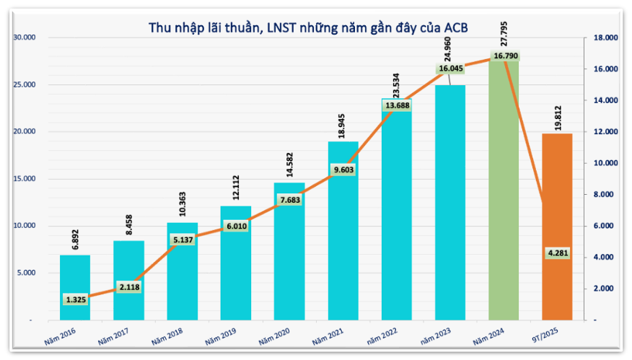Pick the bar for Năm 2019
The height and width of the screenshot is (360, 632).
tap(236, 274)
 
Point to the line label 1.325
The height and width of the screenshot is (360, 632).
tap(75, 299)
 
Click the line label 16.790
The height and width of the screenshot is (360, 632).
tap(504, 56)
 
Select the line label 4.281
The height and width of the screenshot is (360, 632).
tap(557, 253)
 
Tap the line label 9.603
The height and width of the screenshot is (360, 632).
tap(343, 170)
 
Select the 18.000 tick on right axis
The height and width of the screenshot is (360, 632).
tap(605, 38)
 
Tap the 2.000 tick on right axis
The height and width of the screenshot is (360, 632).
tap(605, 289)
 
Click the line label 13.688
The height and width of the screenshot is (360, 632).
tap(398, 106)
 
